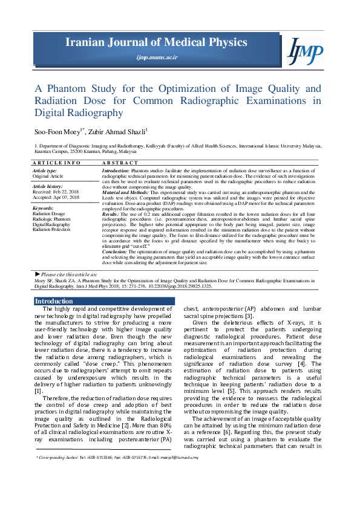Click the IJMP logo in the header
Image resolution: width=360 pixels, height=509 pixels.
coord(306,50)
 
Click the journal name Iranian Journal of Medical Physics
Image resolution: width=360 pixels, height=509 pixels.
coord(157,42)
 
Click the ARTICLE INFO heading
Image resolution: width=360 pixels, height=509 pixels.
coord(56,163)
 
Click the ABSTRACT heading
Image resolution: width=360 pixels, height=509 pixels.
coord(120,163)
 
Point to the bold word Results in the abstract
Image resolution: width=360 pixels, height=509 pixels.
coord(110,214)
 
